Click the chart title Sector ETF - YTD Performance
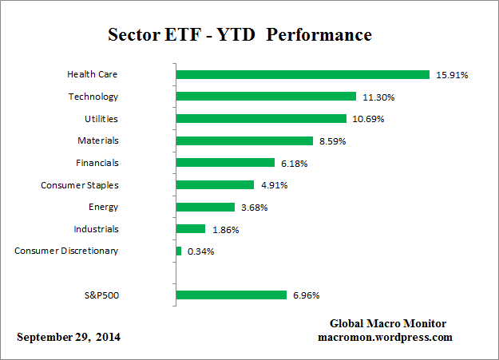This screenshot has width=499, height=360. [x=240, y=36]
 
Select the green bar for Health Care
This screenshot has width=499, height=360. [x=303, y=74]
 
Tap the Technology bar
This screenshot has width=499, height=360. [x=266, y=97]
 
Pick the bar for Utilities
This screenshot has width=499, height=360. [x=261, y=118]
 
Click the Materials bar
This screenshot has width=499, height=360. [x=244, y=140]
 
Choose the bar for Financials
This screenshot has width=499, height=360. [x=225, y=163]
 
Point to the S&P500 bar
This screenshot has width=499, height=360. [x=231, y=295]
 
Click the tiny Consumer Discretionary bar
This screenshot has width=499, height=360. [x=179, y=251]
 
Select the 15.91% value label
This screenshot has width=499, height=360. [x=451, y=75]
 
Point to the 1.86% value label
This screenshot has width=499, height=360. [x=224, y=230]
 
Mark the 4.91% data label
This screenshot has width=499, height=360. [x=272, y=185]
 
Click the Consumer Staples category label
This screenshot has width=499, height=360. [x=79, y=185]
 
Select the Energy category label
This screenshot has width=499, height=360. [x=103, y=207]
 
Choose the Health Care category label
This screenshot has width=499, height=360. [x=92, y=74]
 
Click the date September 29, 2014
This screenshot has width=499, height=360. [x=69, y=337]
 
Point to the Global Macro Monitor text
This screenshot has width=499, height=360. [x=388, y=323]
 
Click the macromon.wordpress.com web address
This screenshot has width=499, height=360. [x=385, y=337]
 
